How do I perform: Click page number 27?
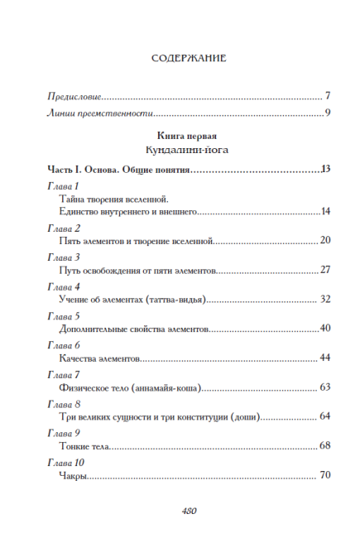click(325, 271)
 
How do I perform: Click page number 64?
click(325, 416)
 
